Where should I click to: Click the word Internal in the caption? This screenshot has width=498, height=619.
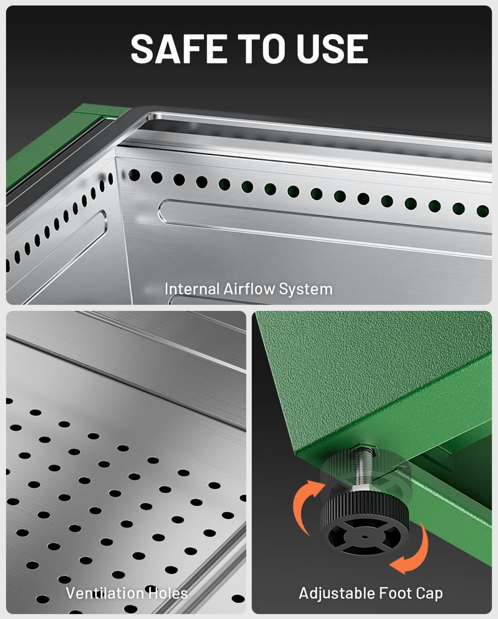(x=192, y=289)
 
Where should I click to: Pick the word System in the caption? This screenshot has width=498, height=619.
(x=306, y=289)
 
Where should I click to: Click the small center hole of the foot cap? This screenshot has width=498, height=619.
(x=364, y=537)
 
